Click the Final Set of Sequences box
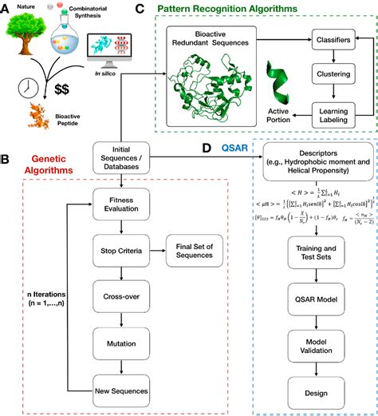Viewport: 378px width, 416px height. click(198, 251)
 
